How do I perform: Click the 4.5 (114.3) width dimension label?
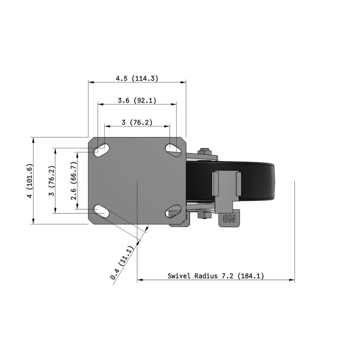(x=137, y=78)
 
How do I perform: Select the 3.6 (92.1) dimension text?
(x=137, y=100)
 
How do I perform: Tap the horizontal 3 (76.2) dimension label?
(x=137, y=122)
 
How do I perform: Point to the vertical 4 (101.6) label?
(x=30, y=181)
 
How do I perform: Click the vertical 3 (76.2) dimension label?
(x=52, y=181)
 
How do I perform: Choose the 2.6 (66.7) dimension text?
(x=74, y=181)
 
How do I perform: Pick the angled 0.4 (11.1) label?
(x=121, y=263)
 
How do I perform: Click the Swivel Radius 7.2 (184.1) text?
(x=216, y=276)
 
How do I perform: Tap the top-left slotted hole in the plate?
(x=101, y=150)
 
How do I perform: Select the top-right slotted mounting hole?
(x=173, y=150)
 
